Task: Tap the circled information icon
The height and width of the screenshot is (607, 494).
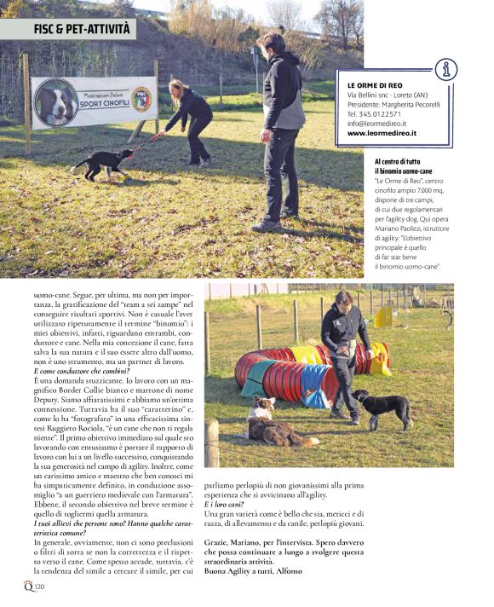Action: (x=445, y=69)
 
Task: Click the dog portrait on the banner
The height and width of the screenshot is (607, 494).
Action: (x=56, y=103)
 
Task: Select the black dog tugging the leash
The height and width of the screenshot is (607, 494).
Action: (x=105, y=161)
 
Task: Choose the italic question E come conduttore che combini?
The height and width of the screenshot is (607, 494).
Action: (x=82, y=372)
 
